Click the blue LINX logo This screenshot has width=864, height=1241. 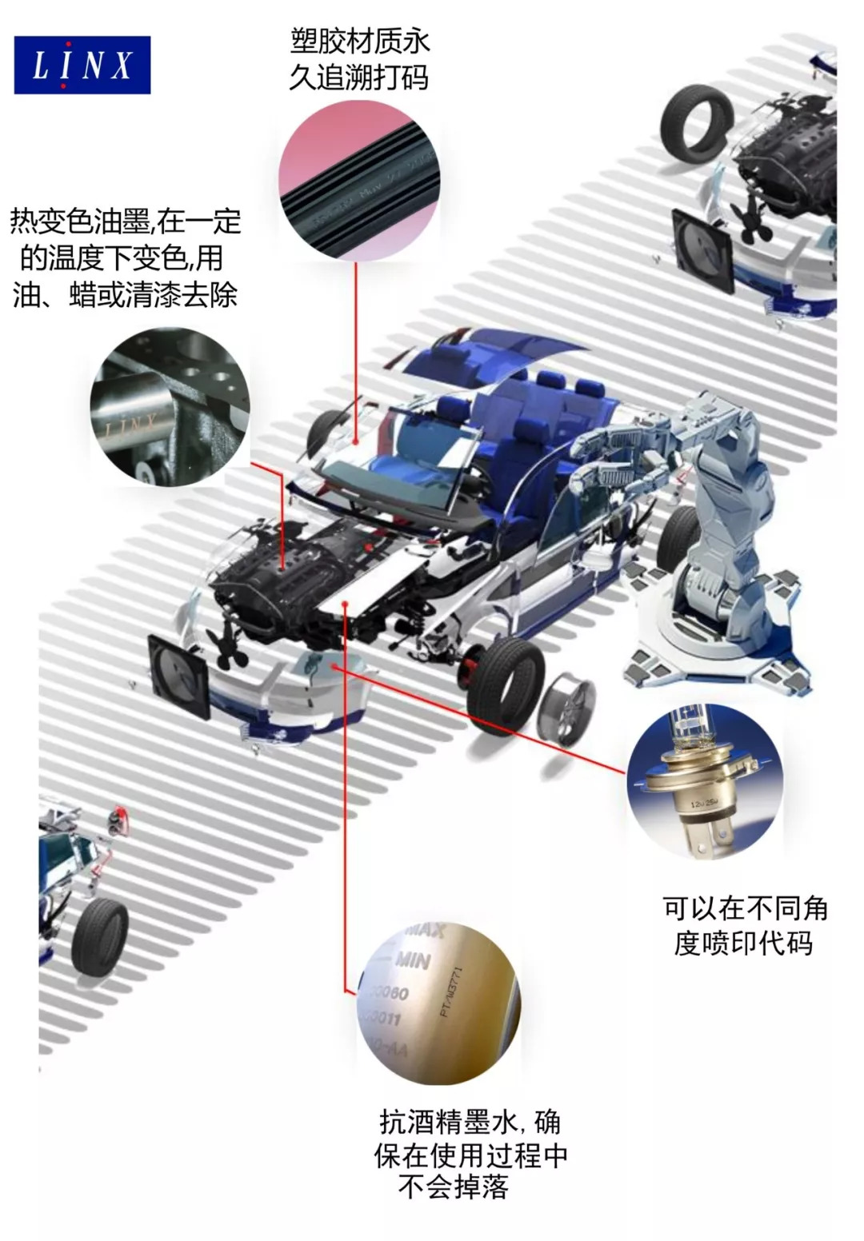(x=82, y=65)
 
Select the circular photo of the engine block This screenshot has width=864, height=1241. (x=170, y=406)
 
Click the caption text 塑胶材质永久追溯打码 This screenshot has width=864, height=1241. (x=359, y=59)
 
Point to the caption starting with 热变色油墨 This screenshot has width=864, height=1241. (x=126, y=257)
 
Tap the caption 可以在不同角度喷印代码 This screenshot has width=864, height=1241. (x=744, y=926)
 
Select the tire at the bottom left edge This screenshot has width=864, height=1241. (x=101, y=935)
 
